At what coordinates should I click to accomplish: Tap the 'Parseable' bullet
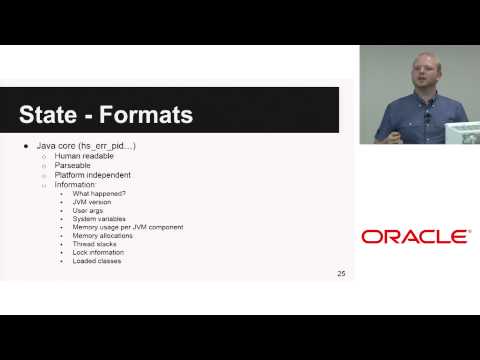click(73, 166)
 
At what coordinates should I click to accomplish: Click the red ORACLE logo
click(414, 237)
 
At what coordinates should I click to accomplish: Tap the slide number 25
click(342, 272)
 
